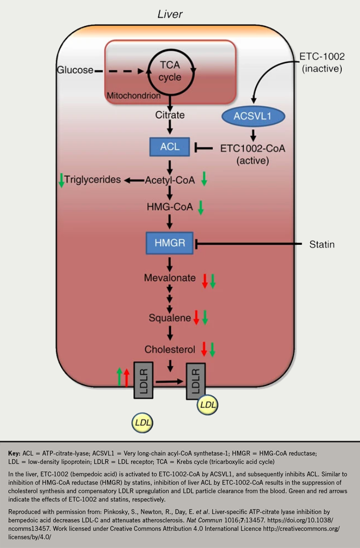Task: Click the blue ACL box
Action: click(x=170, y=147)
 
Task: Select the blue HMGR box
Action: click(x=170, y=243)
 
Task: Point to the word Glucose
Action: click(x=75, y=70)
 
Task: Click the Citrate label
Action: click(x=170, y=115)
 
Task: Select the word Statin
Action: click(x=322, y=244)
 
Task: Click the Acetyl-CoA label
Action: click(x=170, y=180)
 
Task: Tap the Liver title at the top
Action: click(x=170, y=15)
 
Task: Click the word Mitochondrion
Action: click(x=133, y=94)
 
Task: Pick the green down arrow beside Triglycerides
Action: click(x=61, y=180)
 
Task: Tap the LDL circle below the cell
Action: click(x=143, y=422)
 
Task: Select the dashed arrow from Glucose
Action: click(x=120, y=70)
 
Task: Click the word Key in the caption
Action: click(x=13, y=453)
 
